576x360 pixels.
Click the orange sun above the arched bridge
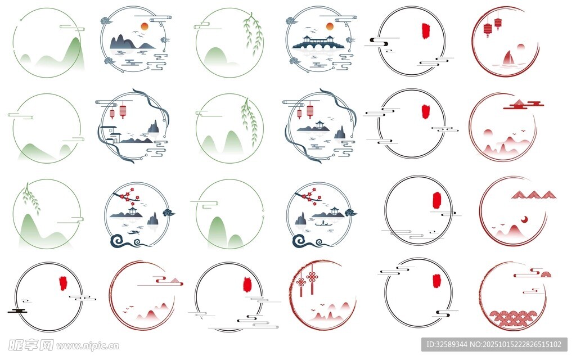[x=330, y=26]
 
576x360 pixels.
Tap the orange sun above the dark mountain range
[x=145, y=26]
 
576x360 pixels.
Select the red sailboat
[x=508, y=58]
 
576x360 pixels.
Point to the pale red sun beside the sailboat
[x=520, y=47]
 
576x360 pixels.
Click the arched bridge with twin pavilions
[x=318, y=43]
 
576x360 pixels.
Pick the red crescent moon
[x=524, y=220]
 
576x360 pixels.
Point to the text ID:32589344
[x=446, y=345]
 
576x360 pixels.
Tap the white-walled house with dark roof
[x=111, y=134]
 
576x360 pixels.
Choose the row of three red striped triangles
[x=533, y=195]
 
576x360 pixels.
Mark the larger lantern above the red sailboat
[x=488, y=29]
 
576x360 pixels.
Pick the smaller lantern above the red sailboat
[x=498, y=22]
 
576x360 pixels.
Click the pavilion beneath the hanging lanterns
[x=319, y=126]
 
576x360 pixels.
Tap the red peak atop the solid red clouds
[x=519, y=102]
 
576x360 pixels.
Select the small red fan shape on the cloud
[x=546, y=274]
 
